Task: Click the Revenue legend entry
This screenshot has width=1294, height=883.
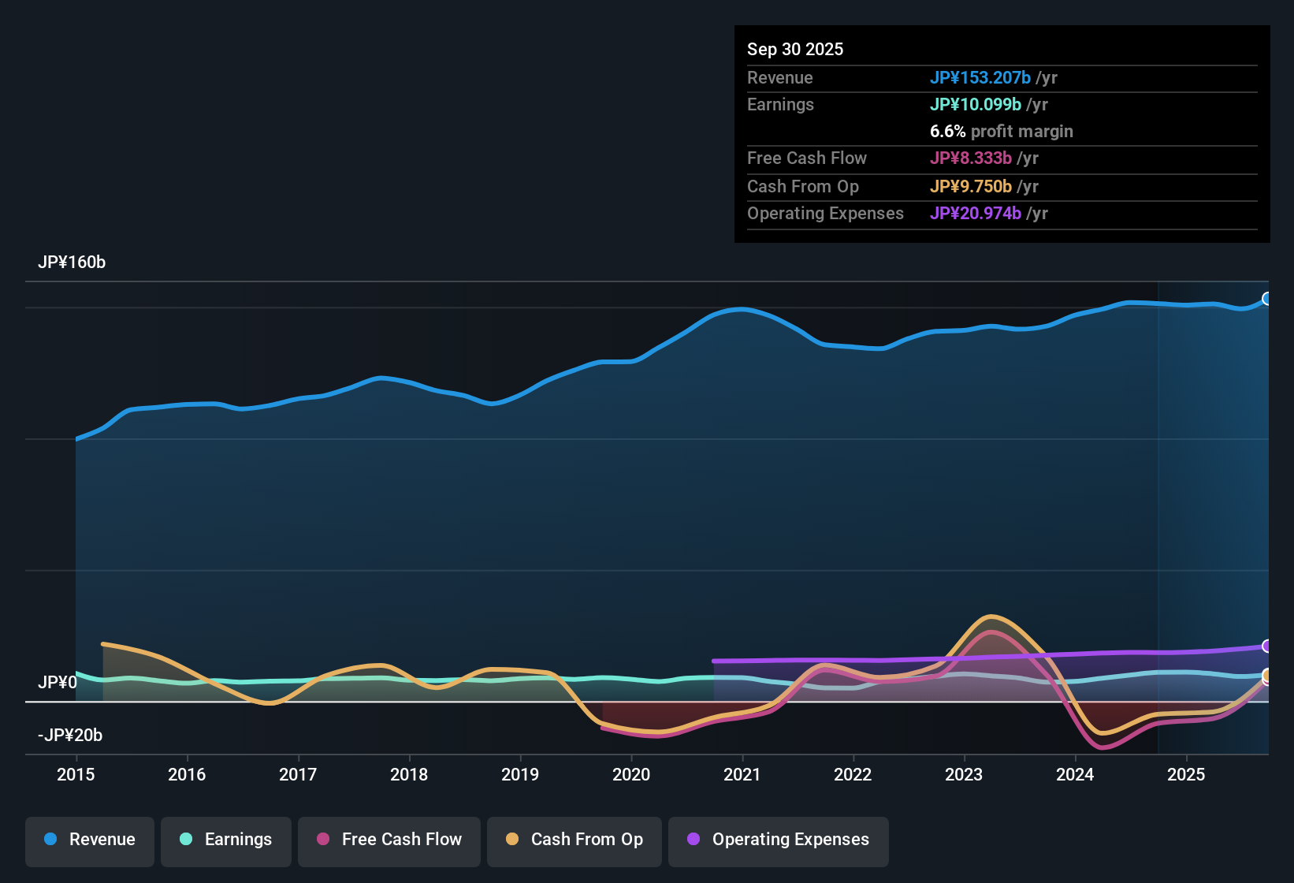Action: [x=90, y=840]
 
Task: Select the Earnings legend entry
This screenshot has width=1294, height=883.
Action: [x=225, y=840]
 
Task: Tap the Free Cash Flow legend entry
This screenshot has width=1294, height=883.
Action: [x=389, y=840]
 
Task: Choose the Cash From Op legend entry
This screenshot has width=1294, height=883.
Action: [x=574, y=840]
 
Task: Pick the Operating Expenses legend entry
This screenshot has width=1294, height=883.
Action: [x=779, y=840]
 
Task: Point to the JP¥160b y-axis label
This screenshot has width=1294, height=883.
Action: [x=72, y=263]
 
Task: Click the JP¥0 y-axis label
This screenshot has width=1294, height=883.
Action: [x=58, y=682]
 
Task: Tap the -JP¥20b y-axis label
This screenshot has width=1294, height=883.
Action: [x=70, y=736]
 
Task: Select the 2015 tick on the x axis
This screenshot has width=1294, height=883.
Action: [x=76, y=775]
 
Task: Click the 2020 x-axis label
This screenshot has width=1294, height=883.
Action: [x=631, y=775]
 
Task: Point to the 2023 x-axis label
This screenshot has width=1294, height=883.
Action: [x=964, y=775]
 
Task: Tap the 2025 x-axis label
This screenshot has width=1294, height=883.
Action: [x=1186, y=775]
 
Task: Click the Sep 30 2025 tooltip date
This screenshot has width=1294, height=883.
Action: [x=795, y=50]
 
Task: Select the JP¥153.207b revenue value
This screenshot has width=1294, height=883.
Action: [x=980, y=78]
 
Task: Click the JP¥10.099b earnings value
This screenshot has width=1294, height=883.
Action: [x=976, y=105]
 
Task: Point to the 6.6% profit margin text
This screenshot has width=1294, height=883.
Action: [x=1002, y=132]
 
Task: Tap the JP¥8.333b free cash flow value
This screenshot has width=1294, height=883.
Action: [x=971, y=158]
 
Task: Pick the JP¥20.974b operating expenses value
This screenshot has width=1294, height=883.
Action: [x=976, y=214]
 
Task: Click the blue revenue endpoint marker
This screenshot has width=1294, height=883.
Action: [x=1267, y=299]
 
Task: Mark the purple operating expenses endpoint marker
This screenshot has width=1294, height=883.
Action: [x=1267, y=646]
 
